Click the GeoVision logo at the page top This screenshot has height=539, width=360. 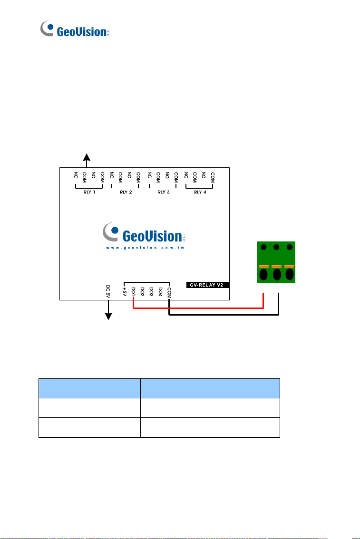coord(75,29)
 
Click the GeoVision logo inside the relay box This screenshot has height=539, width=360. coord(144,233)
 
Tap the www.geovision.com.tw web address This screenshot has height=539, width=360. coord(145,248)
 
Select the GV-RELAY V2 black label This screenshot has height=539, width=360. coord(207,285)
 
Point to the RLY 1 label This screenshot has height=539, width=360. coord(89,192)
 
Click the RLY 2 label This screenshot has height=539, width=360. coord(126,192)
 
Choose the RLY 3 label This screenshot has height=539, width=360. coord(163,192)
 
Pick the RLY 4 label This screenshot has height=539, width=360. coord(200,192)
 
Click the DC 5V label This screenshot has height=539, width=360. coord(108,291)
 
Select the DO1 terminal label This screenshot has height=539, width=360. coord(134,291)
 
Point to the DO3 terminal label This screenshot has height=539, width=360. coord(151,291)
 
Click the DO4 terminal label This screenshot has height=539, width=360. coord(160,291)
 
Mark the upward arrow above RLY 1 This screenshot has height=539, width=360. coord(87,161)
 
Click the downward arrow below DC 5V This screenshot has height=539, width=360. coord(108,310)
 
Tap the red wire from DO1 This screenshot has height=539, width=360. coord(198,308)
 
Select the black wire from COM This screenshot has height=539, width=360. coord(224,315)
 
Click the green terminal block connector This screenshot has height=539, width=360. coord(276,262)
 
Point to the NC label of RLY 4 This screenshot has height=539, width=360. coord(186,175)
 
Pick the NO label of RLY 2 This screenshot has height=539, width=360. coord(129,175)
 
